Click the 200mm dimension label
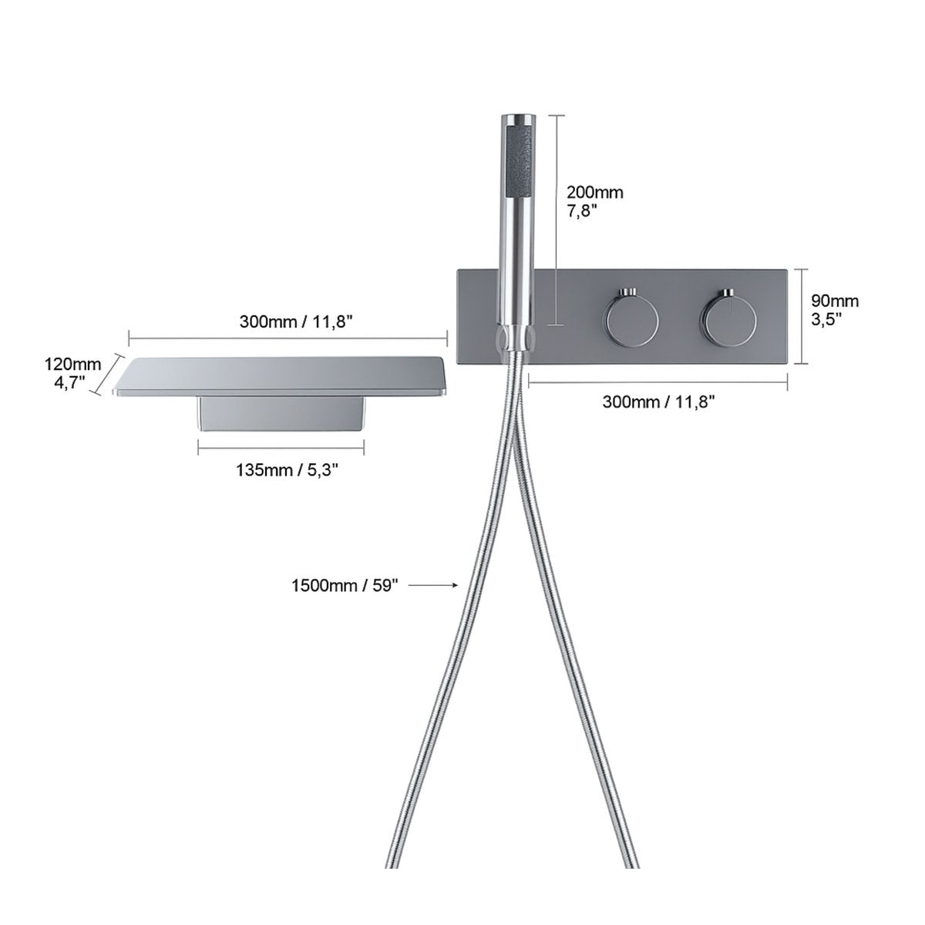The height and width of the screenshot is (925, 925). pos(594,193)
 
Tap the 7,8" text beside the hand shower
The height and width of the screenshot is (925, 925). pos(583,210)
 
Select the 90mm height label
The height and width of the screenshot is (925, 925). pos(835,301)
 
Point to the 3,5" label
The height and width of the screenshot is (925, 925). pos(826,319)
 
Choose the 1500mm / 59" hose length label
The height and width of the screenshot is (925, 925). pos(345,585)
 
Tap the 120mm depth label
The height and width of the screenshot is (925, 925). pos(73,365)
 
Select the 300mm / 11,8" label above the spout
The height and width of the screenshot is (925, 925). pos(296,321)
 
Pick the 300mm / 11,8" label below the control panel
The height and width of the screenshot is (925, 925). pos(658,402)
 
